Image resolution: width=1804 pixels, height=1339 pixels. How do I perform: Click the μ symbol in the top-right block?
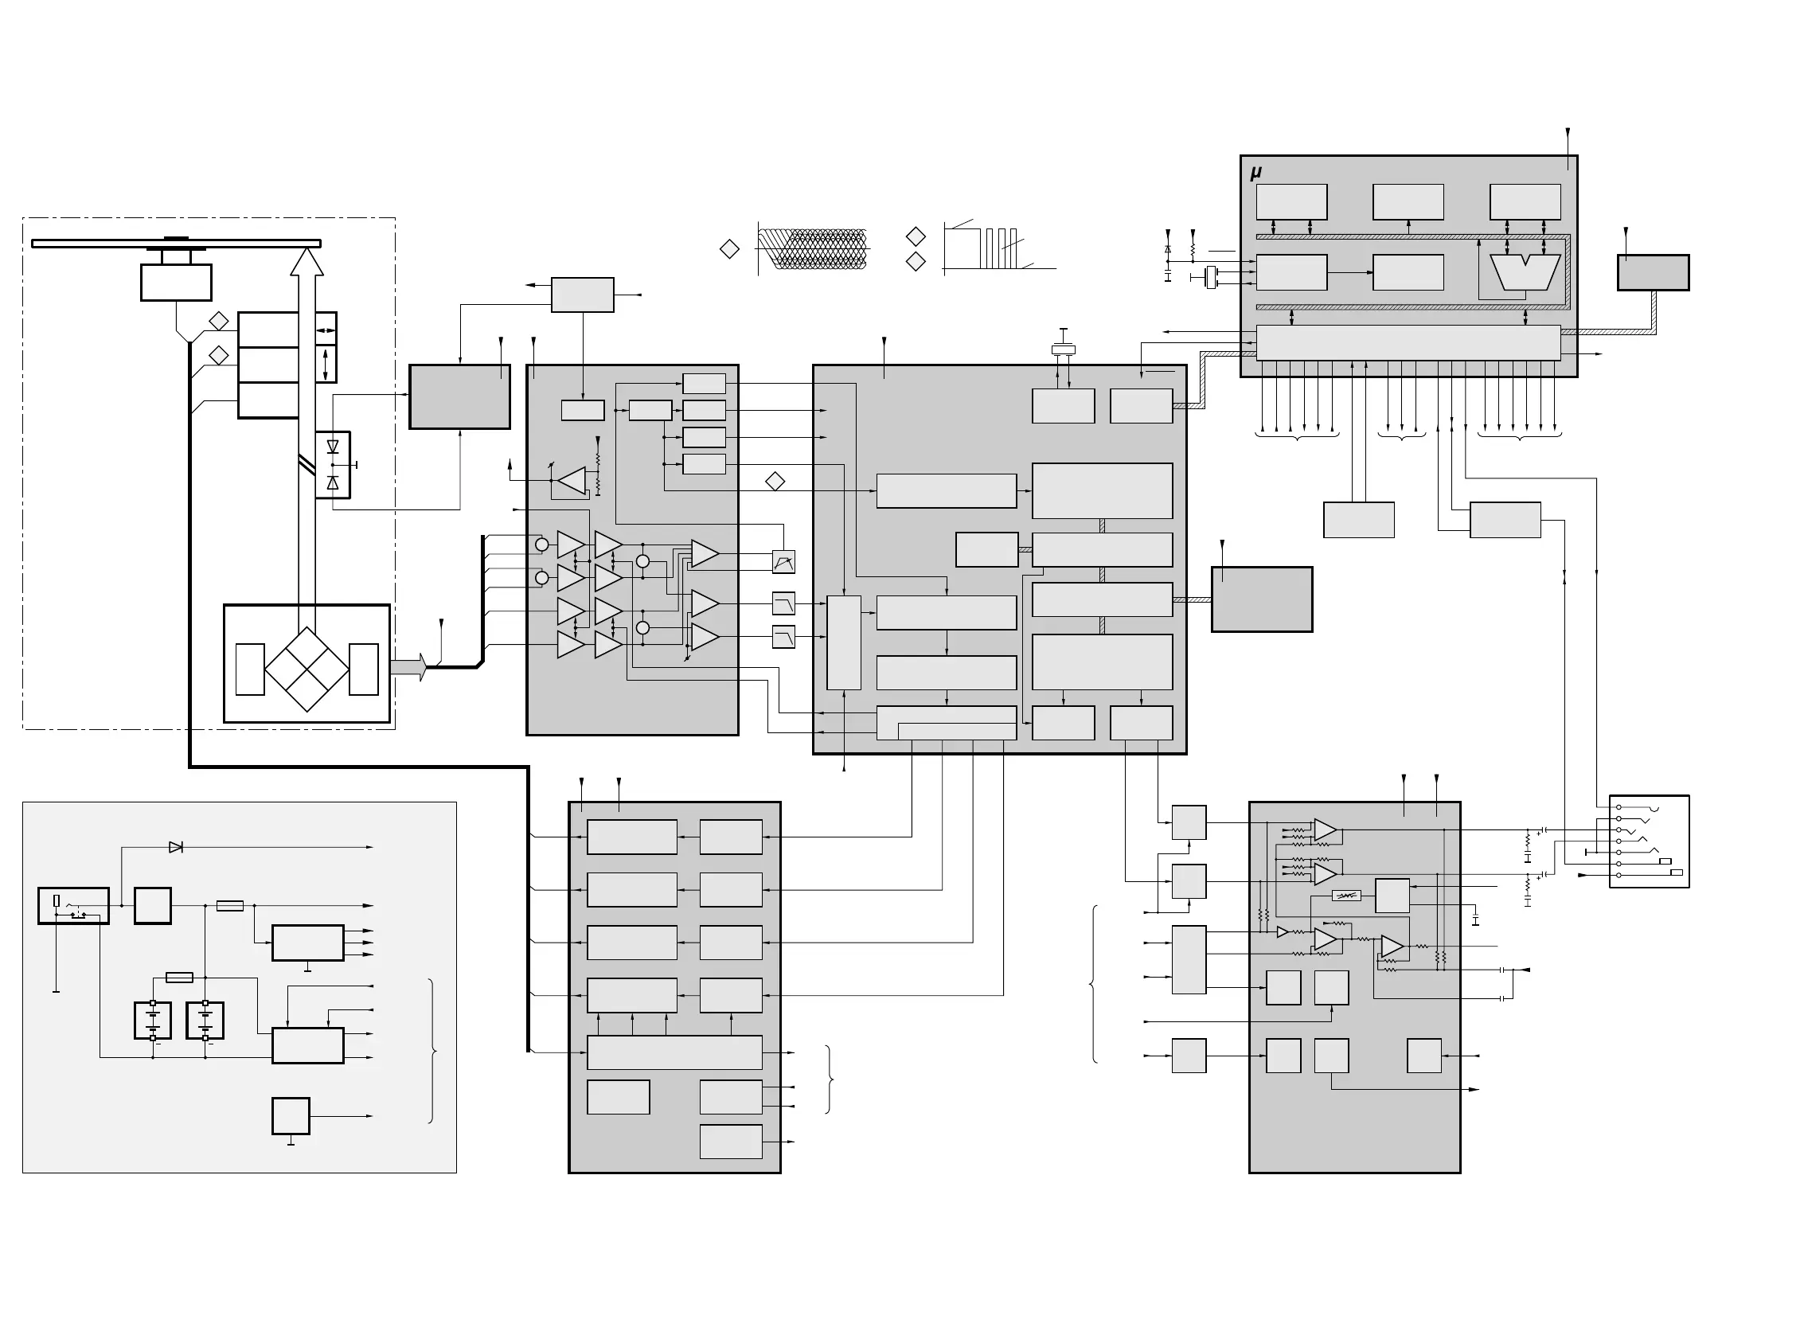pyautogui.click(x=1255, y=173)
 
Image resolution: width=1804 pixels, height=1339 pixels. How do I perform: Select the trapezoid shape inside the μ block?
pyautogui.click(x=1525, y=272)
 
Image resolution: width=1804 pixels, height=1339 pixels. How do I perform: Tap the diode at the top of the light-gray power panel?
pyautogui.click(x=175, y=847)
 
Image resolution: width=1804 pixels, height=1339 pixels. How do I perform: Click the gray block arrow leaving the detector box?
pyautogui.click(x=408, y=667)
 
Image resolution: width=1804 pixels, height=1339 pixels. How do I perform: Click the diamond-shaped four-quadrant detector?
pyautogui.click(x=307, y=669)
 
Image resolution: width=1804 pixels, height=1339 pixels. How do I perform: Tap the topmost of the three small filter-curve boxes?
pyautogui.click(x=783, y=562)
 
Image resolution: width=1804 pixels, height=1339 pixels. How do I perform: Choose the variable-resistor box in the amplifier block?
pyautogui.click(x=1346, y=896)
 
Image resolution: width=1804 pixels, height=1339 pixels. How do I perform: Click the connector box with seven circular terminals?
pyautogui.click(x=1649, y=841)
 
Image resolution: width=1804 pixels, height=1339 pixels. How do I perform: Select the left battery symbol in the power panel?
pyautogui.click(x=152, y=1021)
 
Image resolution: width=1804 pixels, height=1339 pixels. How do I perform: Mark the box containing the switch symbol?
pyautogui.click(x=73, y=905)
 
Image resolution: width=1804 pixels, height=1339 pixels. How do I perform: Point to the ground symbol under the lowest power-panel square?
pyautogui.click(x=290, y=1143)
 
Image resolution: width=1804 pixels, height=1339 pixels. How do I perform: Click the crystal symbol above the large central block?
pyautogui.click(x=1063, y=349)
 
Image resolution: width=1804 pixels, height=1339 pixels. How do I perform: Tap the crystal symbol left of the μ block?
pyautogui.click(x=1212, y=277)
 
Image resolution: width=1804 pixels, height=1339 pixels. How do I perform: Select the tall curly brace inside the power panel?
pyautogui.click(x=433, y=1052)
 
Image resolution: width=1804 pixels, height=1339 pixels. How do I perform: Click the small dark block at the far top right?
pyautogui.click(x=1653, y=272)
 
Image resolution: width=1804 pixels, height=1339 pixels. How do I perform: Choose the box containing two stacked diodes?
pyautogui.click(x=332, y=464)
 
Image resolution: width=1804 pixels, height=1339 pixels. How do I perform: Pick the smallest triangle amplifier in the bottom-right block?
pyautogui.click(x=1282, y=932)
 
